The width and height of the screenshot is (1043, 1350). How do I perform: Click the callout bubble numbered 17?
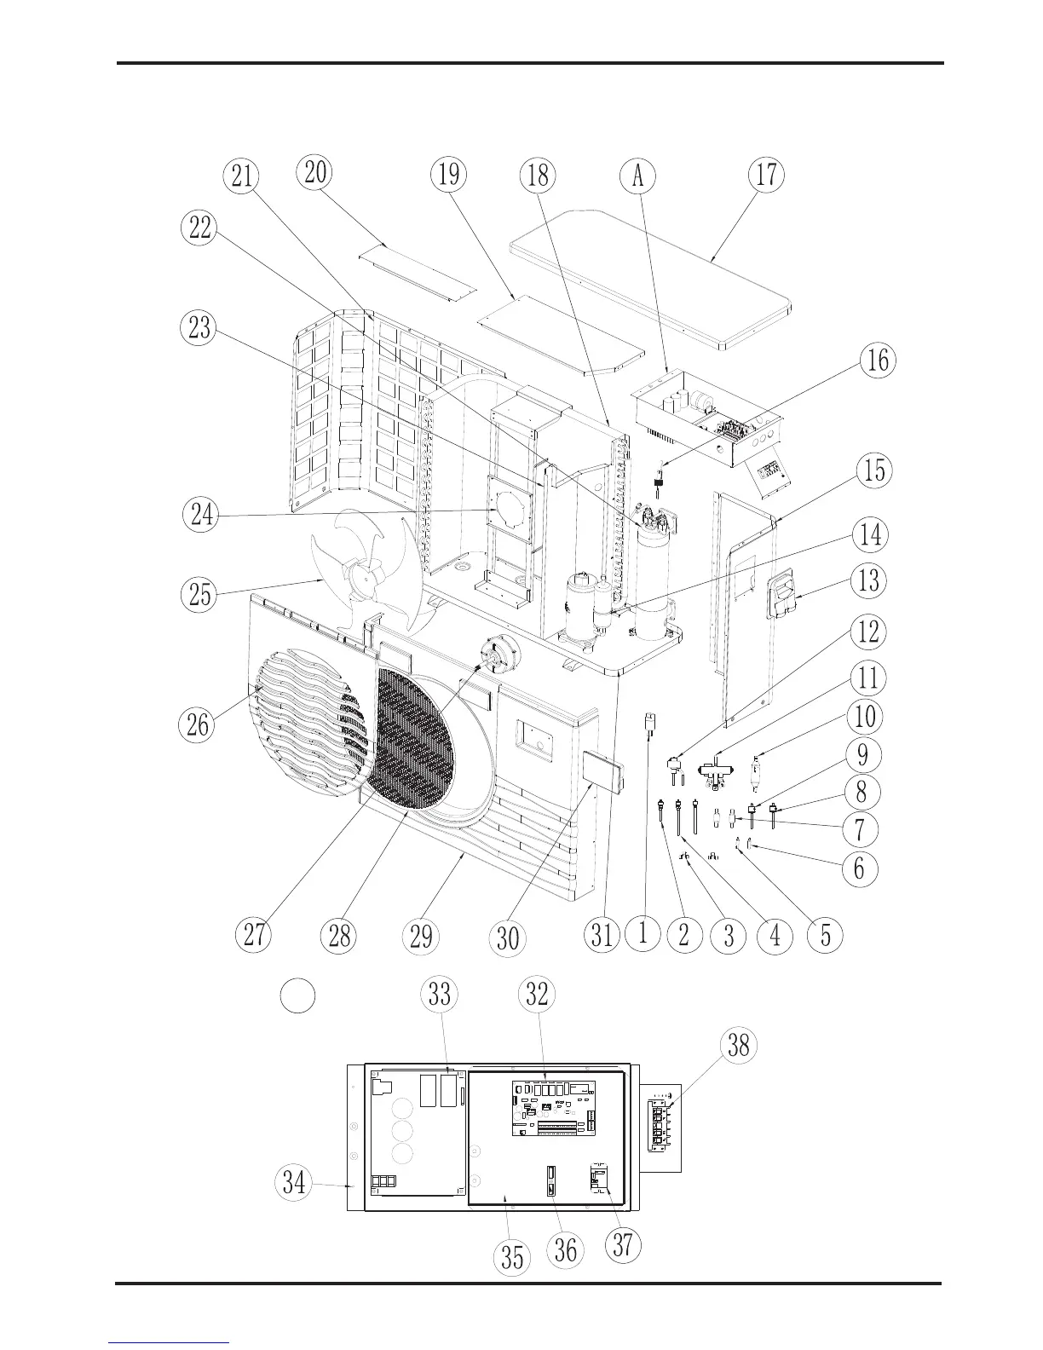coord(766,175)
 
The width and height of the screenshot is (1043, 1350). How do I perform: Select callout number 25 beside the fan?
coord(200,594)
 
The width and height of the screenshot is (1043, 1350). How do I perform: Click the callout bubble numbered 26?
coord(199,725)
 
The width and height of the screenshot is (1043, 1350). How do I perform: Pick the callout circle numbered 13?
coord(868,581)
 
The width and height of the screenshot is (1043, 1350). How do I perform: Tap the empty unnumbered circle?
coord(298,995)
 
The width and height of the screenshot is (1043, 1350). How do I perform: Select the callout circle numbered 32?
coord(537,995)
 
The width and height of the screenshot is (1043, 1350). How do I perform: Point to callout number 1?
coord(643,933)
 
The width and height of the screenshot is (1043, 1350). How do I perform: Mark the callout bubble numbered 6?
coord(859,868)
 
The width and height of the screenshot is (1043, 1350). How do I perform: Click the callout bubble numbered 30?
coord(508,937)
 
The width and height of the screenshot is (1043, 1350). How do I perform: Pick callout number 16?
coord(878,361)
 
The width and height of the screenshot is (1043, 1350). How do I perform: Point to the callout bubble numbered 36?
coord(566,1249)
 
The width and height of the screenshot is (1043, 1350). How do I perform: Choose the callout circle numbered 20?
coord(314,172)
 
